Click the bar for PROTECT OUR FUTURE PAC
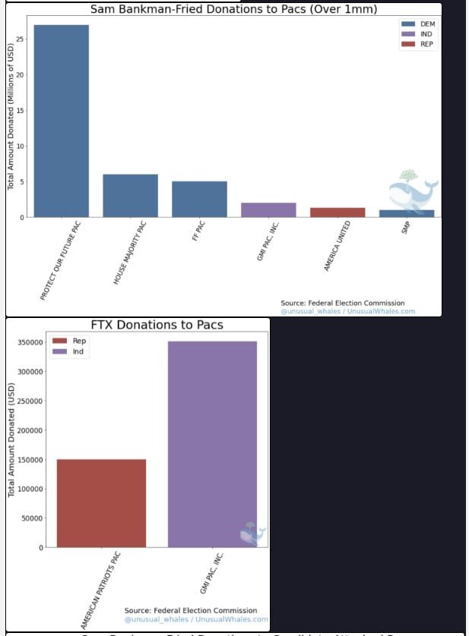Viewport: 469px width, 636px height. [x=61, y=121]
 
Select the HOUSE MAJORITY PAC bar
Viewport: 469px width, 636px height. [x=130, y=196]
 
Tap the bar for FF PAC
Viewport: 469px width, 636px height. [x=199, y=199]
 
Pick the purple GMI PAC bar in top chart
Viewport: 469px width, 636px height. [x=268, y=209]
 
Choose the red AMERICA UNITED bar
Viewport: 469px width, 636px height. [x=337, y=212]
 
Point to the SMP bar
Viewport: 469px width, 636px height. [x=407, y=213]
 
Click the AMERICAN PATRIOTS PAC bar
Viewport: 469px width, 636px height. [x=101, y=503]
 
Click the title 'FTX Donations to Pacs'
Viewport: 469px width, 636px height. [x=157, y=325]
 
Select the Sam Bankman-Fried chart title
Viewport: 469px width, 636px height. [x=233, y=9]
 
